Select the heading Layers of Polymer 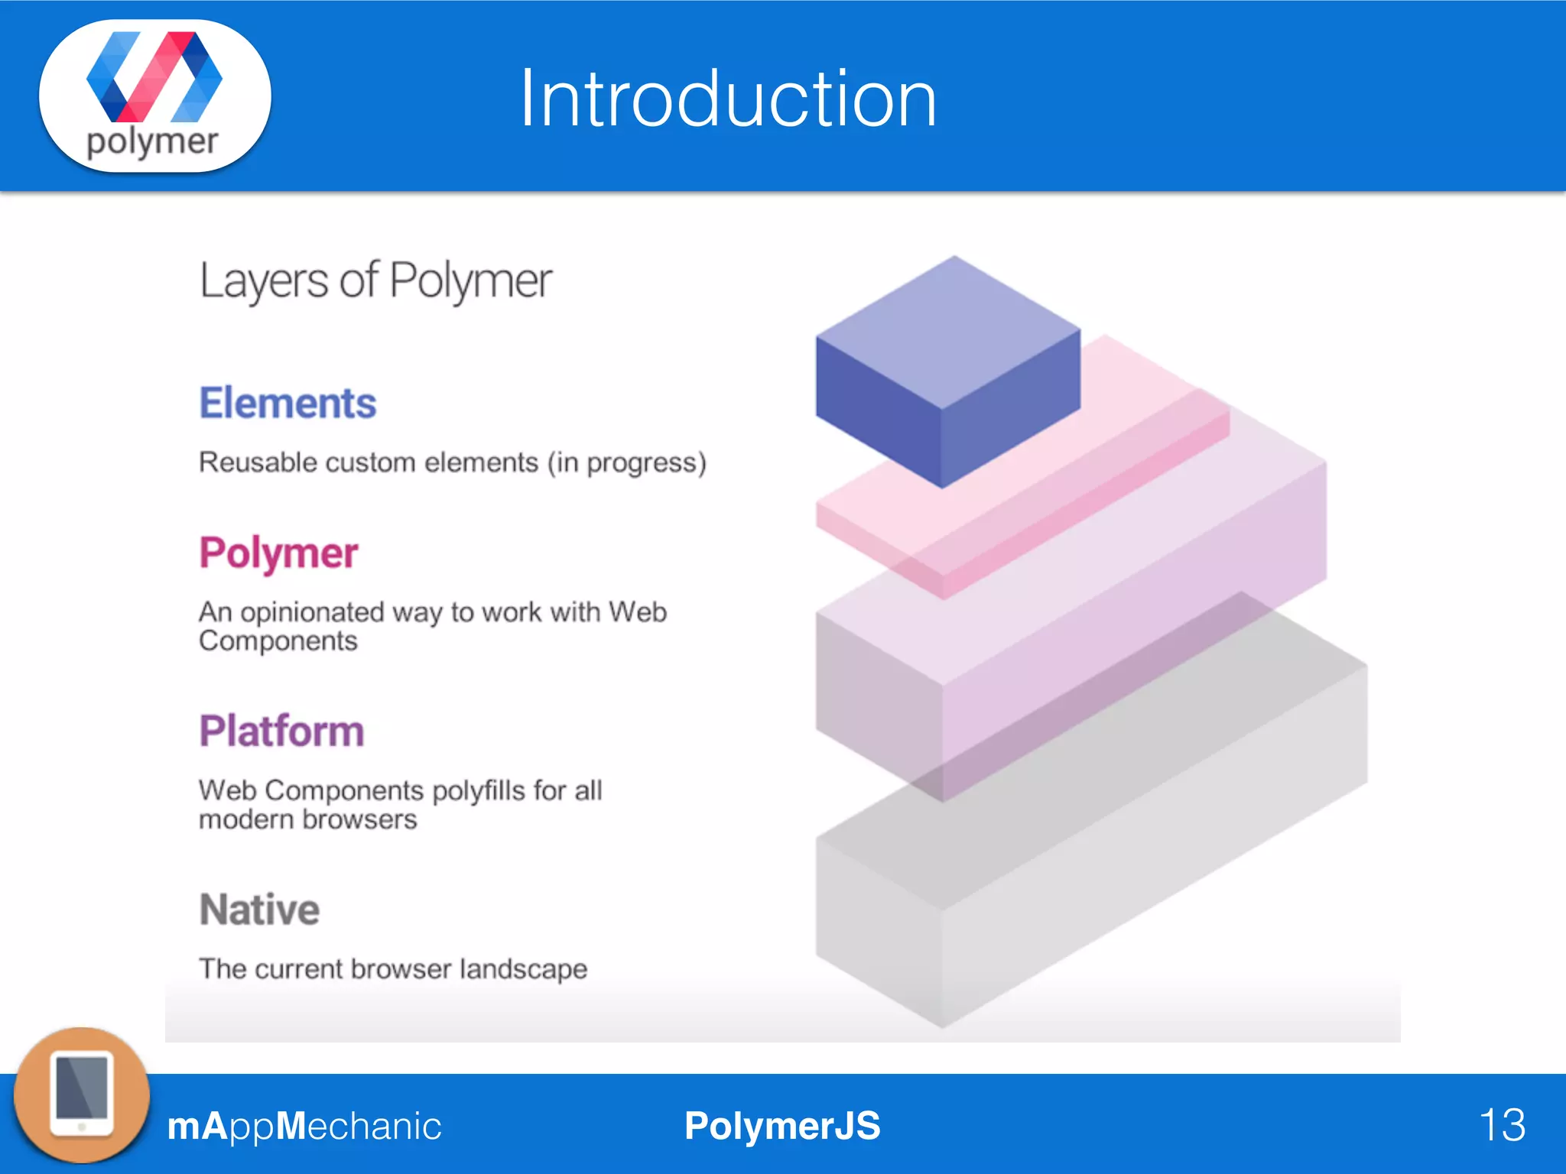[375, 281]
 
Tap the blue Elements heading [288, 403]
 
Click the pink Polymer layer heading [278, 553]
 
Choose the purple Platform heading [281, 731]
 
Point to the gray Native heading [259, 910]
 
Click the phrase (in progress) [626, 462]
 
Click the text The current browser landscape [393, 969]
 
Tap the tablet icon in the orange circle [82, 1095]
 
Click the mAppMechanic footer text [304, 1126]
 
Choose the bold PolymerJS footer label [782, 1126]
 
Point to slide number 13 [1502, 1125]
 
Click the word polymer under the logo [152, 142]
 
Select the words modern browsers [308, 819]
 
